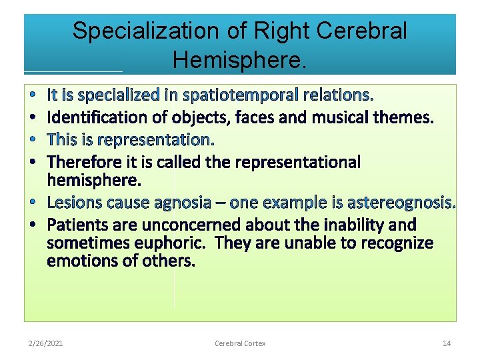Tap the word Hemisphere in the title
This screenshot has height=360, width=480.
pyautogui.click(x=239, y=60)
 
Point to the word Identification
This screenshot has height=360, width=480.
pyautogui.click(x=90, y=118)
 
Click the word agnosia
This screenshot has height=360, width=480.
pyautogui.click(x=185, y=202)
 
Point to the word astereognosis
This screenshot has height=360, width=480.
pyautogui.click(x=401, y=202)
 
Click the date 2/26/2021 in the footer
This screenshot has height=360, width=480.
pyautogui.click(x=46, y=343)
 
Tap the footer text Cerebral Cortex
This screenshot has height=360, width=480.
pyautogui.click(x=240, y=343)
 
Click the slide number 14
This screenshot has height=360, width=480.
pyautogui.click(x=447, y=343)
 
